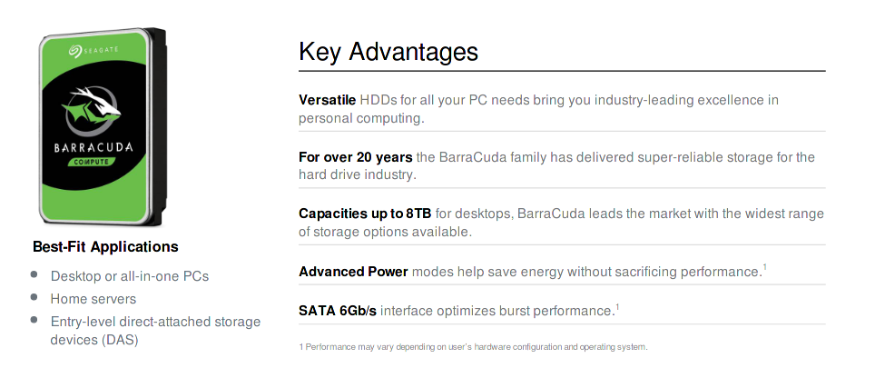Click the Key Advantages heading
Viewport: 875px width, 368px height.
pos(388,52)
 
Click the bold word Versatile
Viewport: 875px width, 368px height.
pos(327,100)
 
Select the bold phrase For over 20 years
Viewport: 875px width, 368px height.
pos(355,157)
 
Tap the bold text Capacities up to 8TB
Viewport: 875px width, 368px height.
pos(366,214)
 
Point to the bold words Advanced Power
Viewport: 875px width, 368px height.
pos(353,272)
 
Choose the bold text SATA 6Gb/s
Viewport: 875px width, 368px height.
pos(337,311)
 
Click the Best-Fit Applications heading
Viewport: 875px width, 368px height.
pos(105,247)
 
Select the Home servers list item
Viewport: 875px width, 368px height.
pos(93,299)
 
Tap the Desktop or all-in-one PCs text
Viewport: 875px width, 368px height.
pos(130,276)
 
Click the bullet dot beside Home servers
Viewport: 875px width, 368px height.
pos(34,297)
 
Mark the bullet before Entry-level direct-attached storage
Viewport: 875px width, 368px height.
pos(34,320)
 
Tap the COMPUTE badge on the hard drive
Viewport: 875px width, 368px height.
pos(95,163)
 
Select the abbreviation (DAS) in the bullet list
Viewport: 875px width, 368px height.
pos(121,340)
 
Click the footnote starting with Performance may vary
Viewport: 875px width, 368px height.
pos(473,347)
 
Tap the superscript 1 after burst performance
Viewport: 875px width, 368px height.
pos(617,306)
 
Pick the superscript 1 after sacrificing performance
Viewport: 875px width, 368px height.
pos(765,267)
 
